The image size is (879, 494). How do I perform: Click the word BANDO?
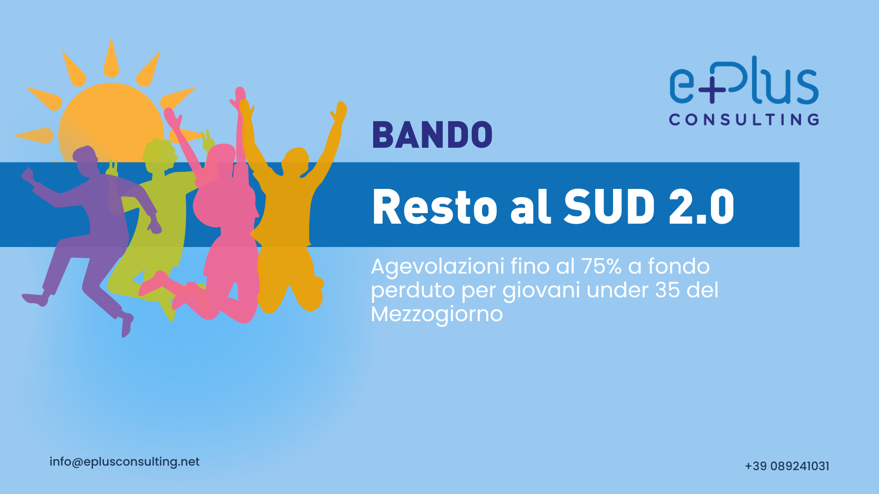(432, 135)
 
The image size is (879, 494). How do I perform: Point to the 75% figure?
(601, 266)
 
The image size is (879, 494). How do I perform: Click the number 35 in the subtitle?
(667, 290)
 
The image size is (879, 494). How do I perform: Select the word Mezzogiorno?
(437, 314)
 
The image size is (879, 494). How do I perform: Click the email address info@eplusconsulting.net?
(125, 462)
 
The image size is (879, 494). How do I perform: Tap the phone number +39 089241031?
(787, 466)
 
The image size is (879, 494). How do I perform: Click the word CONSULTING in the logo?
(744, 120)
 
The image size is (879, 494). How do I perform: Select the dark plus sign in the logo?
(711, 90)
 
